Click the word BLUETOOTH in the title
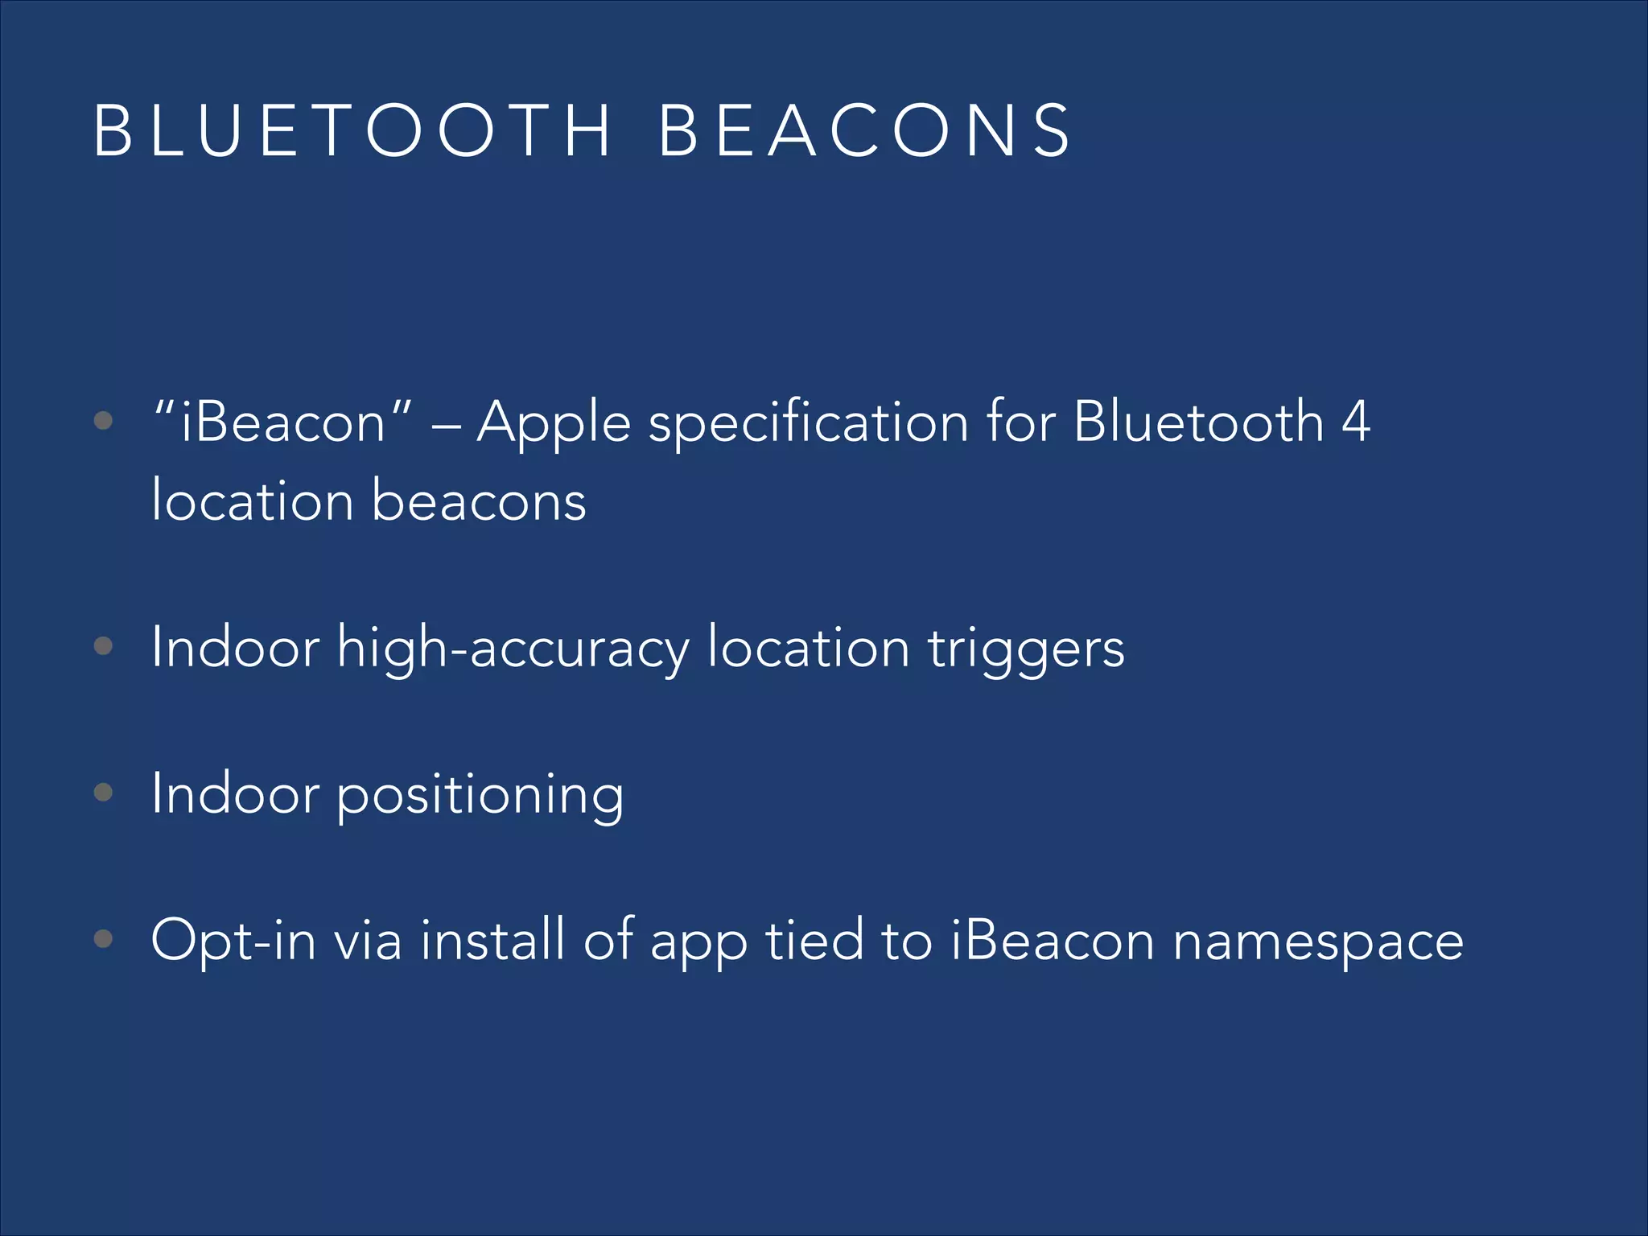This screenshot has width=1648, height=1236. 352,131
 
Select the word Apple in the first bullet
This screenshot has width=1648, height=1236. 554,422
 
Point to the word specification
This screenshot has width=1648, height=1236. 809,422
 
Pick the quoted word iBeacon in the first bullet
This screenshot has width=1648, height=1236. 283,422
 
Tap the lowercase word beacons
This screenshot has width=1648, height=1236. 479,501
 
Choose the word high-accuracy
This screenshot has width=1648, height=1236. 513,649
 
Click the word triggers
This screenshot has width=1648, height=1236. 1026,649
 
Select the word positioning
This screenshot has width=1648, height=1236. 480,795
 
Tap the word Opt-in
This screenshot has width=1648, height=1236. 233,940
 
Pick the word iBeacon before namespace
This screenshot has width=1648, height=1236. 1053,940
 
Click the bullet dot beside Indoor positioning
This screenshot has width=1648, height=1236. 103,793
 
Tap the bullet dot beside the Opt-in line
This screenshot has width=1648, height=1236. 103,938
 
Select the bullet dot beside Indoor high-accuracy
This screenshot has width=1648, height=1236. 103,646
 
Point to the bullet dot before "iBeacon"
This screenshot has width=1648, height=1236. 103,420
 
